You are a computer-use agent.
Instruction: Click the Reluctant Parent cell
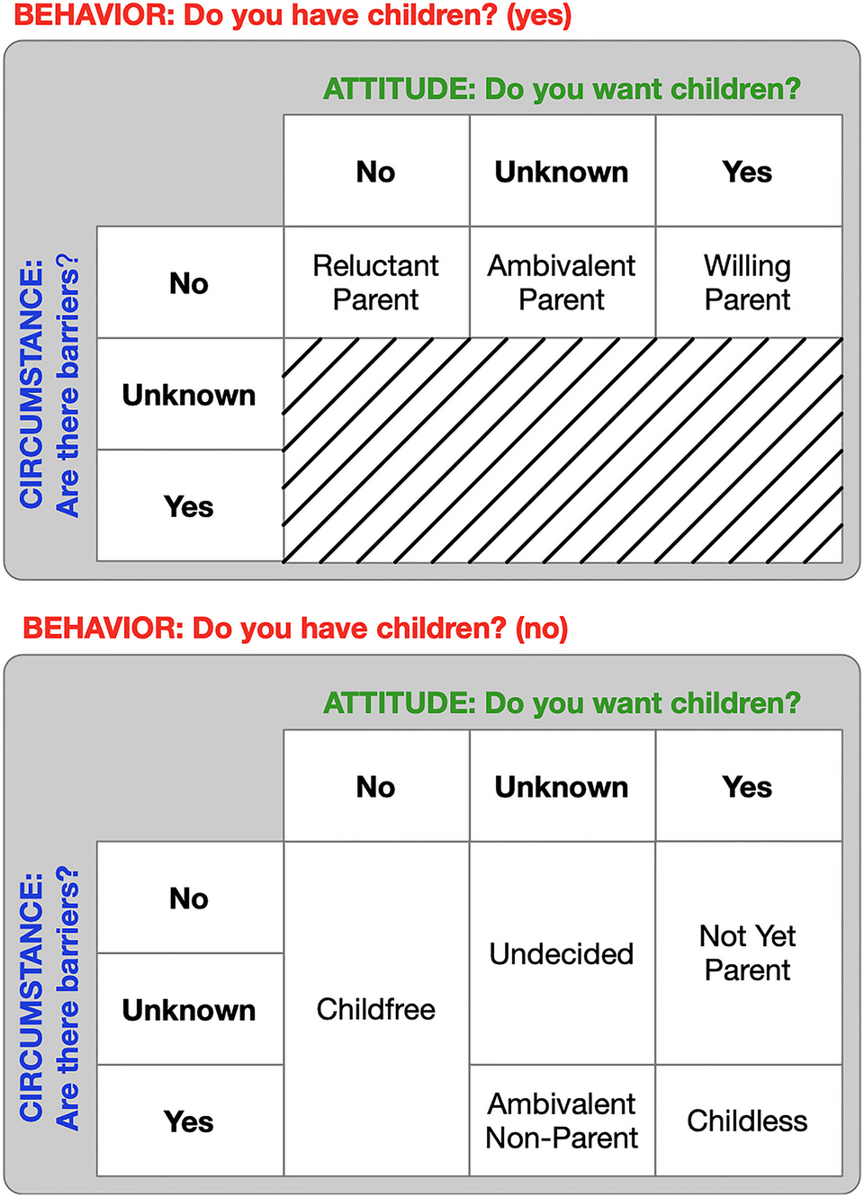coord(376,282)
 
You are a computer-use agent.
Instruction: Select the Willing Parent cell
coord(749,282)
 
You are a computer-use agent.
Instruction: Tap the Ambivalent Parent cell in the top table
coord(562,282)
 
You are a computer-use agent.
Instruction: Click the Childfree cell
coord(376,1009)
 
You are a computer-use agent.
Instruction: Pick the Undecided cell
coord(562,953)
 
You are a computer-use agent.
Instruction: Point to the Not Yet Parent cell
coord(749,953)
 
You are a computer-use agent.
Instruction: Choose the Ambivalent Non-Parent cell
coord(562,1121)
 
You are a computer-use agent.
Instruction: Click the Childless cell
coord(749,1121)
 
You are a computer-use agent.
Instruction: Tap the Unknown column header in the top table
coord(562,171)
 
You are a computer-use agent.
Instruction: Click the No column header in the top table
coord(376,171)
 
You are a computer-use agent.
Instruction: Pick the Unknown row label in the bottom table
coord(190,1009)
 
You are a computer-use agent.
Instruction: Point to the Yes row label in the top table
coord(190,505)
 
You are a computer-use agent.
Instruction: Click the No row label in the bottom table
coord(190,898)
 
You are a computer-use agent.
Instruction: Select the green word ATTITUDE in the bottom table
coord(400,702)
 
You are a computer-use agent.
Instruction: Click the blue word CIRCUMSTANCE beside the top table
coord(31,384)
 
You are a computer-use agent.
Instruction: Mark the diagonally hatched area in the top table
coord(563,450)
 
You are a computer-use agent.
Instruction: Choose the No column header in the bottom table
coord(376,786)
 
